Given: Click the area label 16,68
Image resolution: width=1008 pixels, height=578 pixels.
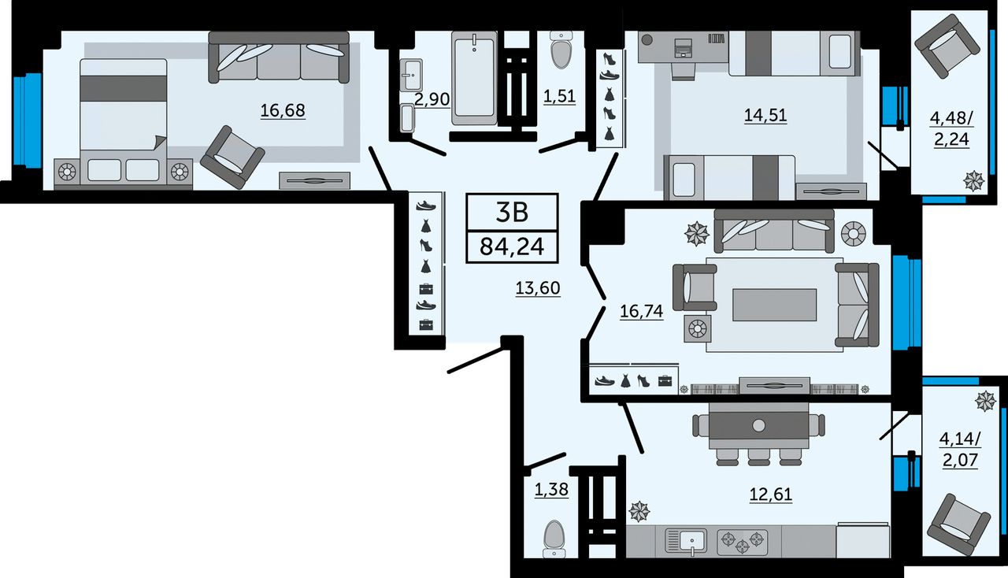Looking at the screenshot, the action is (x=283, y=110).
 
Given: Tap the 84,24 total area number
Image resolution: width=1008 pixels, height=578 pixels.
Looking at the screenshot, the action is (x=512, y=246).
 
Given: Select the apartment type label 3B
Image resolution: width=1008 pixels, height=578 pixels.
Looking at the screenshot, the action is (x=512, y=213).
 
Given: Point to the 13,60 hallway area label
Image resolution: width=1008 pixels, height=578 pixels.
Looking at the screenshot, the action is (x=538, y=287).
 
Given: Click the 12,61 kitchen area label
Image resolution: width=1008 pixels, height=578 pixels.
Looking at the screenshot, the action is (x=770, y=495).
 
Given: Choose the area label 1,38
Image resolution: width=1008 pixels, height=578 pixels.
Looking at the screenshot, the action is (x=551, y=489).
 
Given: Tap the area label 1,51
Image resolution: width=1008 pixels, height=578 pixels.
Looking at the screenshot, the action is (x=559, y=96).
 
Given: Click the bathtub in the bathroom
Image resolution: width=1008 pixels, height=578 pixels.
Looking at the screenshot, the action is (x=474, y=77).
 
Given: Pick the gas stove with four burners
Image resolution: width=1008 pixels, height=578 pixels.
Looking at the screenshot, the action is (x=742, y=541).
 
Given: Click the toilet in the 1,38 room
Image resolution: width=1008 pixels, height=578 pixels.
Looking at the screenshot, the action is (x=554, y=539).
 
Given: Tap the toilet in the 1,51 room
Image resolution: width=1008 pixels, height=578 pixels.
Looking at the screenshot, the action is (x=561, y=50).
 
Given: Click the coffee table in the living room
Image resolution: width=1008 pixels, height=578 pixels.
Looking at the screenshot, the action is (x=774, y=305).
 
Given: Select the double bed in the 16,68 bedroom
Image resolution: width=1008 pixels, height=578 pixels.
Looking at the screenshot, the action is (x=124, y=121).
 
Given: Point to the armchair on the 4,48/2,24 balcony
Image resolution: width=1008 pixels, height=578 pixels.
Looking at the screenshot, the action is (x=947, y=52).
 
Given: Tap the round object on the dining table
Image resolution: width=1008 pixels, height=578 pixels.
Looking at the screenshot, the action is (x=758, y=425).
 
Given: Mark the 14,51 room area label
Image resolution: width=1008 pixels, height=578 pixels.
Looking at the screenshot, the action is (x=765, y=115).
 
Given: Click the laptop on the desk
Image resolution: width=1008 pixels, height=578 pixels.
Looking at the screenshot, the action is (x=684, y=48).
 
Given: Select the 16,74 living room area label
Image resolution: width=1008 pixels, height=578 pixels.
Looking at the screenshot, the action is (x=641, y=311).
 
